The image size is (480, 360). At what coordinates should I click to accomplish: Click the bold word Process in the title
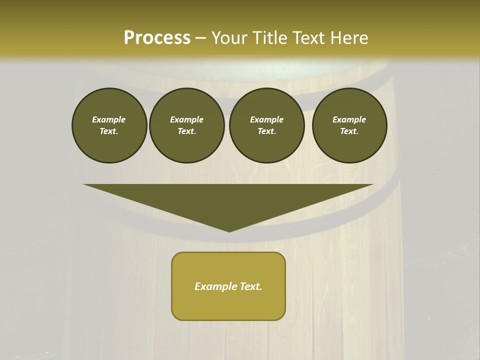coord(157,37)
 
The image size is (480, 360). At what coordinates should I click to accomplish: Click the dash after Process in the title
coord(201,38)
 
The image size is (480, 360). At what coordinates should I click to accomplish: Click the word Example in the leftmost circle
coord(109,119)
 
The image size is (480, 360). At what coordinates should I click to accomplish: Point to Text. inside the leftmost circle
coord(109,131)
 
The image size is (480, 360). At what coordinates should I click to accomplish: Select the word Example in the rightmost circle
coord(349,119)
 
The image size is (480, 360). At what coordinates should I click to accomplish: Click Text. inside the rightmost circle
coord(349,131)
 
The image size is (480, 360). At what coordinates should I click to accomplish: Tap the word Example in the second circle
coord(186,119)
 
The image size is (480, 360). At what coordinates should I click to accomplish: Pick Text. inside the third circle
coord(266,131)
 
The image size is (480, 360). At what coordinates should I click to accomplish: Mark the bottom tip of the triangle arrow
coord(229,230)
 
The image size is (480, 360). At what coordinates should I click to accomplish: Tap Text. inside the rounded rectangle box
coord(251,286)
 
